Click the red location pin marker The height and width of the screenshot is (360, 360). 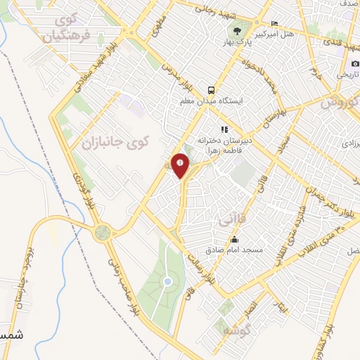coord(181,165)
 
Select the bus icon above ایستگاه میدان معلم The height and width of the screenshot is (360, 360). coord(211,90)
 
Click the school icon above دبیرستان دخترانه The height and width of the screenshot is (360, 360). coord(224,129)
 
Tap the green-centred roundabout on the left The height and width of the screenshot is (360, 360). coord(103,232)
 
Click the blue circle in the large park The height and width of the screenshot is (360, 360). coord(167,282)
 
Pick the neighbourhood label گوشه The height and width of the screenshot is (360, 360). coord(232,329)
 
